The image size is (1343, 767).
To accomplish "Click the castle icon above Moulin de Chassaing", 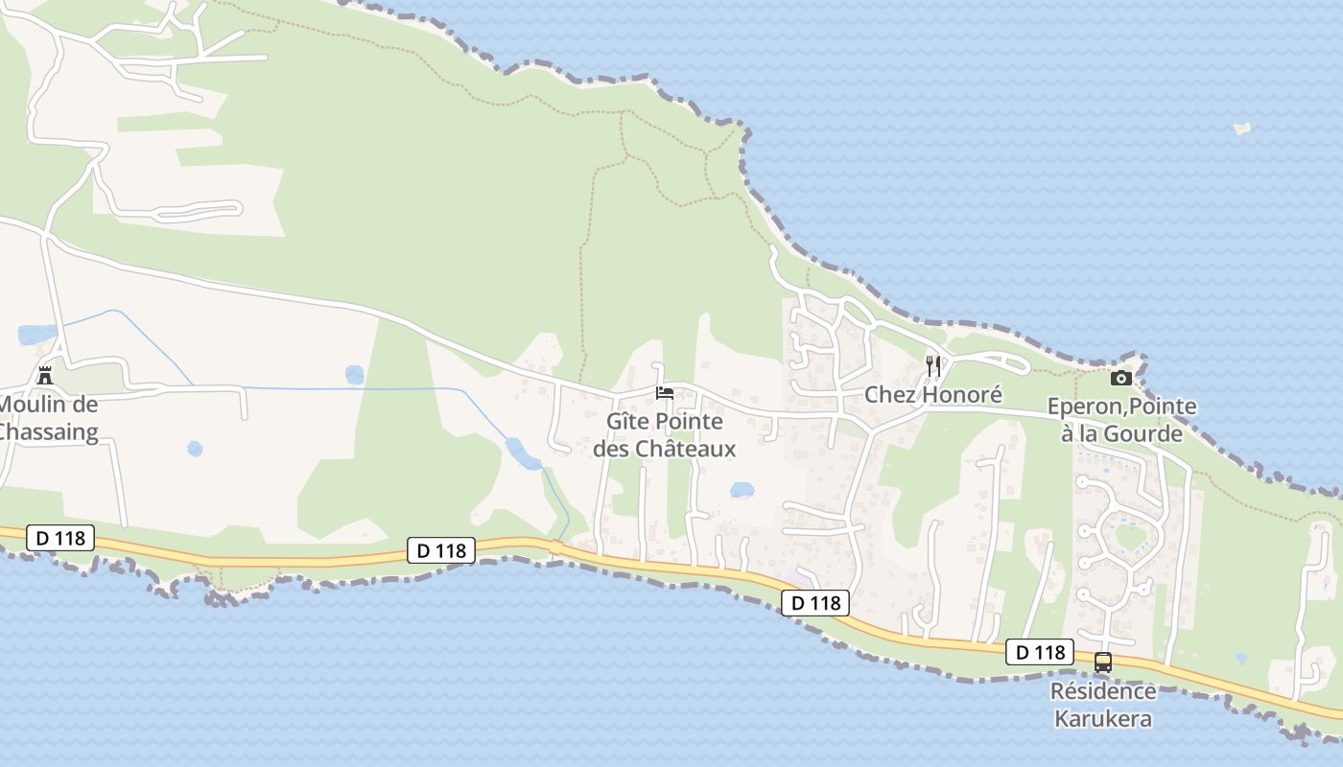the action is tap(44, 374).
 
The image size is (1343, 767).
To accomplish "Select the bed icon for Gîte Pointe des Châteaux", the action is tap(664, 392).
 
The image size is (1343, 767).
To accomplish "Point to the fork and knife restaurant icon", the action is tap(932, 365).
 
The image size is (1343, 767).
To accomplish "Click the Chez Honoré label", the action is tap(932, 394).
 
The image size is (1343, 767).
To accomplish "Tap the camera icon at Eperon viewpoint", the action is tap(1120, 378).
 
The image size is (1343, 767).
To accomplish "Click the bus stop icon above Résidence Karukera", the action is tap(1103, 662).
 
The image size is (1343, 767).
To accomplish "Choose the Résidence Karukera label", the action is tap(1103, 705).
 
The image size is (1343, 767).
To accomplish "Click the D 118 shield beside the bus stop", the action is tap(1040, 653).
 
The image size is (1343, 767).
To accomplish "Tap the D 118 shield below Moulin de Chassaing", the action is tap(60, 538).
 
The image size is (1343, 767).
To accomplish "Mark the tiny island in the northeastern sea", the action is tap(1241, 128).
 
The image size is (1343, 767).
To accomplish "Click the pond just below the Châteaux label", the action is tap(742, 490).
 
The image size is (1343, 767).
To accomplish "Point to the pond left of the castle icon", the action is tap(36, 335).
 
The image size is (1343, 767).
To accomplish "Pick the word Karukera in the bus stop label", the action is tap(1103, 718).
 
